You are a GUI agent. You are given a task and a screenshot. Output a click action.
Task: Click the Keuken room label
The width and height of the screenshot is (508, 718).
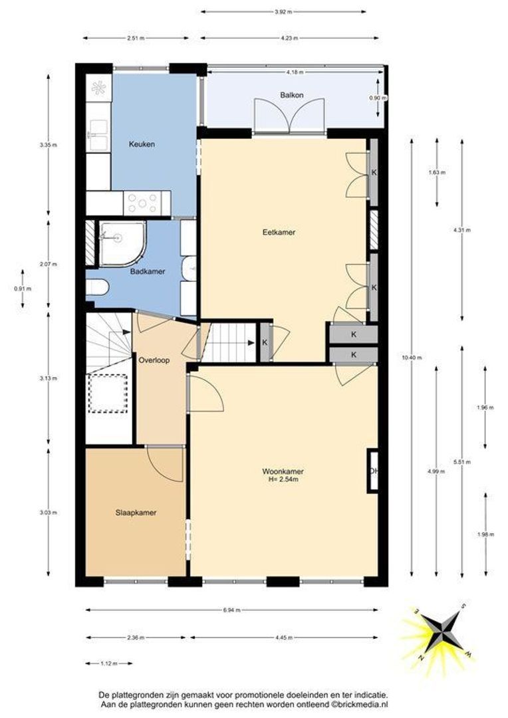pyautogui.click(x=142, y=144)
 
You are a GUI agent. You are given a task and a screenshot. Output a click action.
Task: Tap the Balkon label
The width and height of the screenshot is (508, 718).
pyautogui.click(x=292, y=95)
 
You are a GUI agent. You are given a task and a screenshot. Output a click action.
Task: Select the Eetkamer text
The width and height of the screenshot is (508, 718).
pyautogui.click(x=279, y=232)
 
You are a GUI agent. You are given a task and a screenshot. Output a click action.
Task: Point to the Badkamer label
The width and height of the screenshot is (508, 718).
pyautogui.click(x=148, y=271)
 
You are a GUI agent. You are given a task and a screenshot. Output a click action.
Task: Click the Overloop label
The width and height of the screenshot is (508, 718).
pyautogui.click(x=154, y=360)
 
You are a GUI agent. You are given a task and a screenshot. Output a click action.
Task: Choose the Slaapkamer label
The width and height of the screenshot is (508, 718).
pyautogui.click(x=136, y=513)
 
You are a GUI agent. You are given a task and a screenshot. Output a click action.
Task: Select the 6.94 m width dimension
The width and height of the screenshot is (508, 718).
pyautogui.click(x=231, y=610)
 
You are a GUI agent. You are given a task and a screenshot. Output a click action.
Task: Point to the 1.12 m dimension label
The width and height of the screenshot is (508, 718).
pyautogui.click(x=108, y=663)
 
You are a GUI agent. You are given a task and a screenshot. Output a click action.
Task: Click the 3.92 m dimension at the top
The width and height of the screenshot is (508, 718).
pyautogui.click(x=283, y=13)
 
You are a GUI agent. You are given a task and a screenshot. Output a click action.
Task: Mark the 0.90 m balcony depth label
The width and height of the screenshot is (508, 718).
pyautogui.click(x=378, y=98)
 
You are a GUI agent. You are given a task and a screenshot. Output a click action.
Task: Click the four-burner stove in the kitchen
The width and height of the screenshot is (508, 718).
pyautogui.click(x=142, y=203)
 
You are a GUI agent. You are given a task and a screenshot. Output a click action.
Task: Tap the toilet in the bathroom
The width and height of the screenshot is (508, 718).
pyautogui.click(x=97, y=288)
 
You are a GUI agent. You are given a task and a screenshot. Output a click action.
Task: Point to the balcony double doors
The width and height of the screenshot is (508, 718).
pyautogui.click(x=289, y=116)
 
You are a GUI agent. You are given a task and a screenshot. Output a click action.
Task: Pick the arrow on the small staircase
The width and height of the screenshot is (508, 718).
pyautogui.click(x=251, y=342)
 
